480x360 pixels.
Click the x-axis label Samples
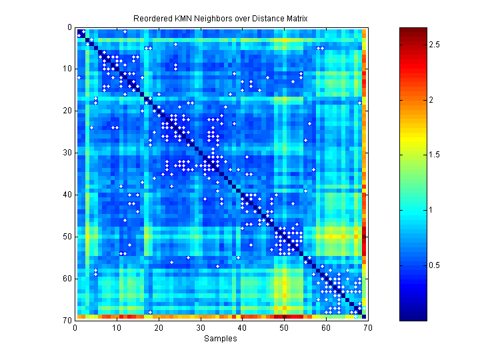pos(221,338)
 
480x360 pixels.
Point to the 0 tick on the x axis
pos(75,327)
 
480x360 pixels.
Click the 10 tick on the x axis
pos(117,327)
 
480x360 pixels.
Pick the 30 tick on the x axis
pos(200,327)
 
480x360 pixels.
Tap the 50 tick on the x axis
pos(284,327)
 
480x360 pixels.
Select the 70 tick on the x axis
pos(367,327)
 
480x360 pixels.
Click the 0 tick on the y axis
pos(69,28)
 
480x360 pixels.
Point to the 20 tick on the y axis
pos(67,111)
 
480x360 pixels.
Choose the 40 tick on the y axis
pos(67,195)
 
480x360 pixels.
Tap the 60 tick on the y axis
pos(67,278)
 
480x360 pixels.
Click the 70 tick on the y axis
pos(67,320)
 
